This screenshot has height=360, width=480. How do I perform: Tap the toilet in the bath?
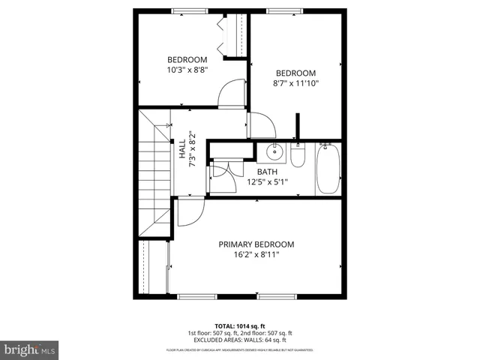coord(298,157)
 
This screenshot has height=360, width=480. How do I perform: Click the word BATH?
coord(267,172)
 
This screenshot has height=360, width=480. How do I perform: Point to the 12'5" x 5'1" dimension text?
coord(267,181)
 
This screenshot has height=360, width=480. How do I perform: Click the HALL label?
coord(182,148)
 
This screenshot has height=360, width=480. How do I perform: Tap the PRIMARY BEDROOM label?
coord(256,244)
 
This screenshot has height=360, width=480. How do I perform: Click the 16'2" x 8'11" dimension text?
coord(256,254)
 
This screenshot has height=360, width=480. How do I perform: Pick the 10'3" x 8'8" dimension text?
coord(187,70)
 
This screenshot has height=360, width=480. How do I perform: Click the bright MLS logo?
coord(30,349)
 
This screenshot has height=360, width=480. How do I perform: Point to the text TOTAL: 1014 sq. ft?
coord(239,325)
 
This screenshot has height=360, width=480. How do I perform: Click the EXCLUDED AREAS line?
coord(240,340)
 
